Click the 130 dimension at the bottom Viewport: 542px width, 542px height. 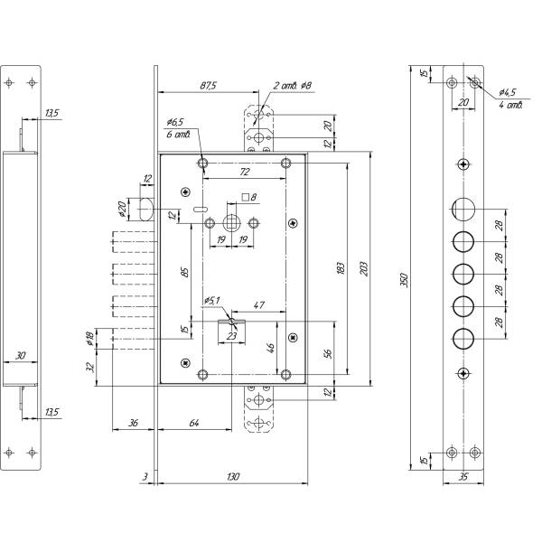pos(234,475)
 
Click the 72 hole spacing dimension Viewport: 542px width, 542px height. pos(243,171)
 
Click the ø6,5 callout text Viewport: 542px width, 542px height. pos(174,121)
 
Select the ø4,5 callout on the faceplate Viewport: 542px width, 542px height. pos(507,91)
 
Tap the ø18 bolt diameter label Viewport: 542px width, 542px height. pos(89,340)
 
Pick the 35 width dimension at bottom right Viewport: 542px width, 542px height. pos(463,475)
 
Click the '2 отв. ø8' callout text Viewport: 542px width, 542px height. pos(293,86)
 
